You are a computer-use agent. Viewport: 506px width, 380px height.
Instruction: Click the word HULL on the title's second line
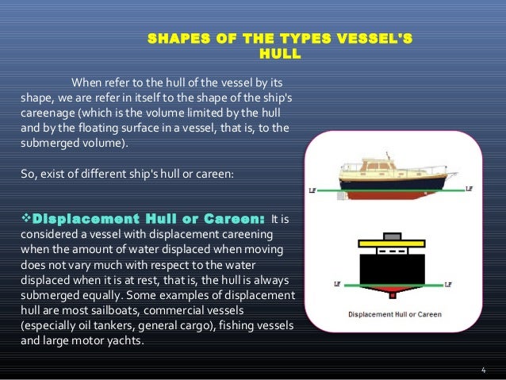280,56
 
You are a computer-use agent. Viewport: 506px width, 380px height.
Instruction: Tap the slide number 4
484,370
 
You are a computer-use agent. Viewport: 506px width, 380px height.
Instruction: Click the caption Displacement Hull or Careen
393,314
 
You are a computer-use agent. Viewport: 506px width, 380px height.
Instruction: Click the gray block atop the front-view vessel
392,237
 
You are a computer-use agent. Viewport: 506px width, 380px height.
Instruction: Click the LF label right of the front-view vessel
449,283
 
